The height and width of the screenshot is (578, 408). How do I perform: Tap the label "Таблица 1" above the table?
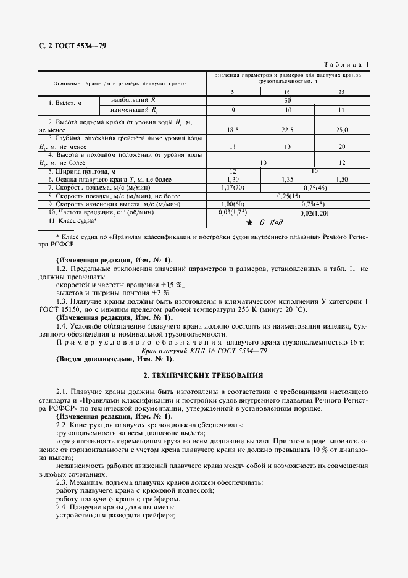346,64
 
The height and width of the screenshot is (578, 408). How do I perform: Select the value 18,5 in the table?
233,130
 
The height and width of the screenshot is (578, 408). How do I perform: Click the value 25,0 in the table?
341,130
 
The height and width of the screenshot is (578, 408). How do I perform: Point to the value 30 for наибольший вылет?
287,99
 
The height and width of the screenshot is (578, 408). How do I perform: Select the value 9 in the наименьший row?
233,110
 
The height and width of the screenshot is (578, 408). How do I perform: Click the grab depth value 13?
288,148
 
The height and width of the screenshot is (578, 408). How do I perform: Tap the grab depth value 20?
341,148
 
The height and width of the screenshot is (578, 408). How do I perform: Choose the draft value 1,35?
288,178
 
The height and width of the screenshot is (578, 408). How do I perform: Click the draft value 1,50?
341,178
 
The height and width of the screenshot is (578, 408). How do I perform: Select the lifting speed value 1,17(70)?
233,186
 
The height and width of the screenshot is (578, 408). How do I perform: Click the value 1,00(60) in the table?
233,203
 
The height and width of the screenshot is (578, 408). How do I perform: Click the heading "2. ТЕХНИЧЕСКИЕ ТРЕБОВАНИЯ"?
203,375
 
